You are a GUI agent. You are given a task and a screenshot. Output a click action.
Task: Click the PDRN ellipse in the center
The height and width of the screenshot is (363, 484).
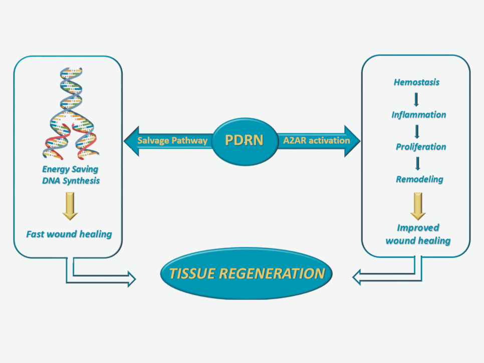[x=244, y=140]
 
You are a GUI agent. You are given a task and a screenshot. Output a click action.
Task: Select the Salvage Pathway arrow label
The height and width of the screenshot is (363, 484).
[x=172, y=141]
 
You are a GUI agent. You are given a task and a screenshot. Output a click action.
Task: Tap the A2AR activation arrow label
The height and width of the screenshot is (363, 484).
[x=316, y=140]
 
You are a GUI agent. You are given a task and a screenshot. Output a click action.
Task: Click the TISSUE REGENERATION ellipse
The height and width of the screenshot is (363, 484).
[x=247, y=274]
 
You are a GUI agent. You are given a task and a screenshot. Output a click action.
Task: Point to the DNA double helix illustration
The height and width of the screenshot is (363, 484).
[x=71, y=114]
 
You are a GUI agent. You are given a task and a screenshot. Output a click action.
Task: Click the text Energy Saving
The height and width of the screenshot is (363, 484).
[x=70, y=170]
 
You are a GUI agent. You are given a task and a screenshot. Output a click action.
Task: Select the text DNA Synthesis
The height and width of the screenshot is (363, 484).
[x=70, y=181]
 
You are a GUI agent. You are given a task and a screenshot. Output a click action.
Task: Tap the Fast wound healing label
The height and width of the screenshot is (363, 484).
[x=69, y=234]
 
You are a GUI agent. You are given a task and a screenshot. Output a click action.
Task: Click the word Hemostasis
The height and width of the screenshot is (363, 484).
[x=417, y=82]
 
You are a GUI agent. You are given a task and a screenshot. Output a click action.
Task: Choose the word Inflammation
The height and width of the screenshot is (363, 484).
[x=418, y=115]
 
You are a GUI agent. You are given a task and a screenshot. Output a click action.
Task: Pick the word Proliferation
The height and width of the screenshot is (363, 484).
[x=420, y=147]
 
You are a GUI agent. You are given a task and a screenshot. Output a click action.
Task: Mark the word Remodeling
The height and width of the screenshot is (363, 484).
[x=419, y=179]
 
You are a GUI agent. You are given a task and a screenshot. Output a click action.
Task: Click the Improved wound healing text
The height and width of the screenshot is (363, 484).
[x=418, y=234]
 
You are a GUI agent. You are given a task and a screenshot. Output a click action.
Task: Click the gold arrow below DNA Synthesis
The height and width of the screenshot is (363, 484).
[x=70, y=206]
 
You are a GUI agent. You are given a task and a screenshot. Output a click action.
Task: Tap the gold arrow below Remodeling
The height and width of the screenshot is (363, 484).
[x=418, y=206]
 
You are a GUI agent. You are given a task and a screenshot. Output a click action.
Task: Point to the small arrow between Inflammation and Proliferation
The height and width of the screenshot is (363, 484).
[x=417, y=131]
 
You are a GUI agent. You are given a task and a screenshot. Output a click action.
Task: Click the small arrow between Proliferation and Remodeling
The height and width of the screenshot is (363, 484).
[x=417, y=164]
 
